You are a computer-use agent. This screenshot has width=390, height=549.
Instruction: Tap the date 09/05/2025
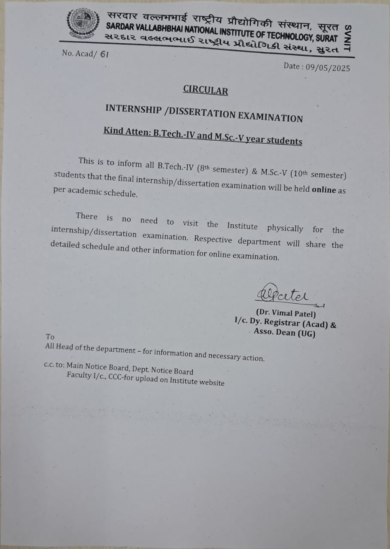(326, 67)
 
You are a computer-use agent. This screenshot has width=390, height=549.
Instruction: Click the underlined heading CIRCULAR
(205, 90)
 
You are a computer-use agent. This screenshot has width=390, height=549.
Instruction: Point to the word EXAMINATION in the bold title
(270, 117)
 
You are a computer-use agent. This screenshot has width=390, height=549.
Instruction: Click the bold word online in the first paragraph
(324, 189)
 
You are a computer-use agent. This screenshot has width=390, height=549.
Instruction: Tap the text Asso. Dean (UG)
(284, 333)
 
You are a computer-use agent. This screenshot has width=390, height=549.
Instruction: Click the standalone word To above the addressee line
(50, 337)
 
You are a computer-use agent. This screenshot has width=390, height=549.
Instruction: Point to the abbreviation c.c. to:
(54, 365)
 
